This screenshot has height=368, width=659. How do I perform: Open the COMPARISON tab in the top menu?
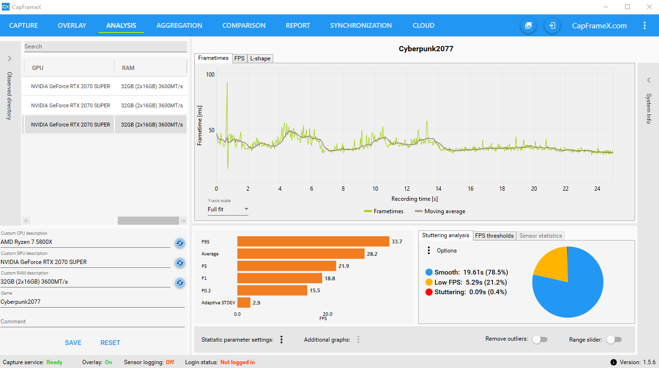tap(244, 25)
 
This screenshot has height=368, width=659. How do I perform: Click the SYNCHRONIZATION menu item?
tap(361, 25)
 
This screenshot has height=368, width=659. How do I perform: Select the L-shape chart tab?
tap(260, 58)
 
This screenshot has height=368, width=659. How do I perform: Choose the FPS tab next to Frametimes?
tap(239, 58)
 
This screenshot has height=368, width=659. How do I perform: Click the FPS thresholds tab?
tap(494, 236)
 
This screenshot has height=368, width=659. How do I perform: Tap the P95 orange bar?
tap(313, 241)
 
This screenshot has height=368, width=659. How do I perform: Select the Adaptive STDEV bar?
tap(244, 303)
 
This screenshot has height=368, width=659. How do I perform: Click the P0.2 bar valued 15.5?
tap(272, 290)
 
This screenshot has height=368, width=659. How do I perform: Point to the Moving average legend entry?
tap(440, 211)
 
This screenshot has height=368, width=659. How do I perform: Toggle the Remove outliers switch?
tap(540, 339)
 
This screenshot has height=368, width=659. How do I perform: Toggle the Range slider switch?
tap(614, 339)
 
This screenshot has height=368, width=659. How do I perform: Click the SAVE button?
tap(73, 343)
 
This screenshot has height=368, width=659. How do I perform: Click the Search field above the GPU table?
tap(105, 46)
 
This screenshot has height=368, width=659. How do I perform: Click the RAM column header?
tap(128, 68)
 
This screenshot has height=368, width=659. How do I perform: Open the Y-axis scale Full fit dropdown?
tap(228, 209)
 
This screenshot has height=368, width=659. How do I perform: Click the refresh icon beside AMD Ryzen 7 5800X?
tap(180, 243)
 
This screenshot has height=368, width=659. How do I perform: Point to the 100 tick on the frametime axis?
tap(210, 75)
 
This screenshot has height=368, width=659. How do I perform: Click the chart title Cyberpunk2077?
tap(426, 48)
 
